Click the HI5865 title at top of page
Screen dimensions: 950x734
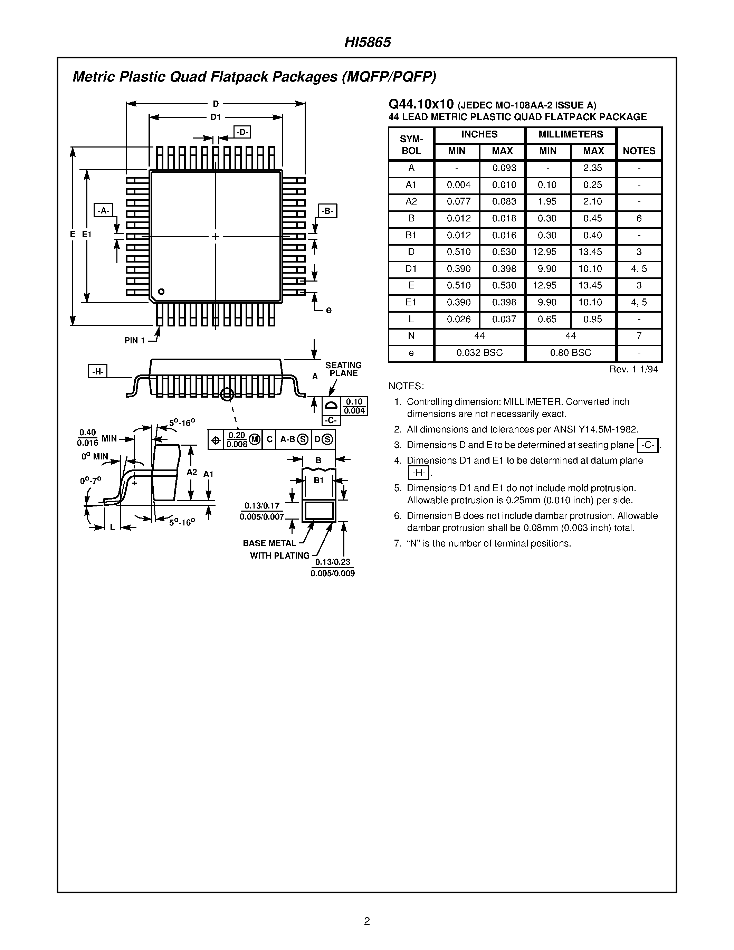368,42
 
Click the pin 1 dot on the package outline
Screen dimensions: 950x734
161,292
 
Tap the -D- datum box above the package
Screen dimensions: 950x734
242,132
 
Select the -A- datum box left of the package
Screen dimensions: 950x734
103,210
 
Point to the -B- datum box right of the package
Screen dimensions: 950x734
327,211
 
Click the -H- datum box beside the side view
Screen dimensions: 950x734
98,371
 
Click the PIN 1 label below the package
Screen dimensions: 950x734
134,341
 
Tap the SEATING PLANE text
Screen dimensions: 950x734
344,369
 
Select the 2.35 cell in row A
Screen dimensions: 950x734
592,168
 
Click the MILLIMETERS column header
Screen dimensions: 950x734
571,134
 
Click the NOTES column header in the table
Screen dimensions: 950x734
639,151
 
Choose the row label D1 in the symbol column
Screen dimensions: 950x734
411,269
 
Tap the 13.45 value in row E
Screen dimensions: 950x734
592,285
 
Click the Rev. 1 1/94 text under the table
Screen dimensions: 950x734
633,369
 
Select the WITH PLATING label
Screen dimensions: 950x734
279,555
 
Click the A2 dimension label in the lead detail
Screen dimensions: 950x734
192,472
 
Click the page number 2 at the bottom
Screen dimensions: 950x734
367,921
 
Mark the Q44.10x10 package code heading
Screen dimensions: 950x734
421,104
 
